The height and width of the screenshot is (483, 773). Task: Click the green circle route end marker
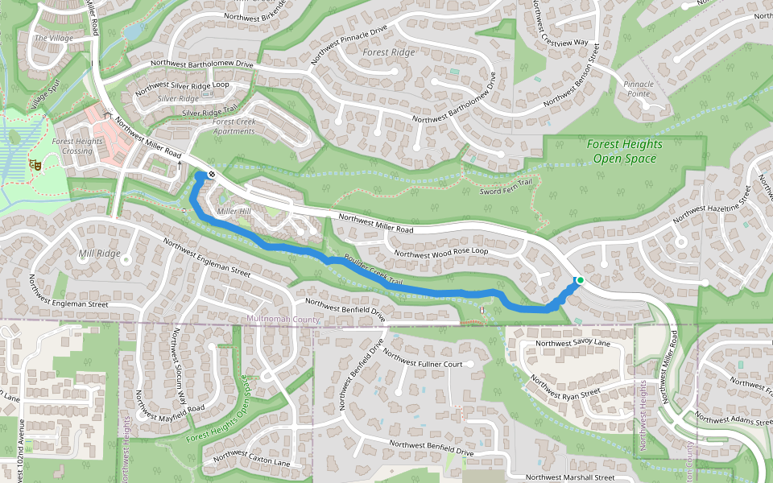[579, 280]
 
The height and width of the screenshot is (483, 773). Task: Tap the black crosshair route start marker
[211, 173]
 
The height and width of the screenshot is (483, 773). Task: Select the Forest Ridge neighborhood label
[388, 52]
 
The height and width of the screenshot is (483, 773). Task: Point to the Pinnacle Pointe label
[637, 89]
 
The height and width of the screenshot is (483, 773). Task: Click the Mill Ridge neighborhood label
[99, 254]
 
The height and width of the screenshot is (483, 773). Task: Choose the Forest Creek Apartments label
[234, 126]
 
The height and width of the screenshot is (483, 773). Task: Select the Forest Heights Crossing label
[77, 146]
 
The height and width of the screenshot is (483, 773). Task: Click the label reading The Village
[53, 38]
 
